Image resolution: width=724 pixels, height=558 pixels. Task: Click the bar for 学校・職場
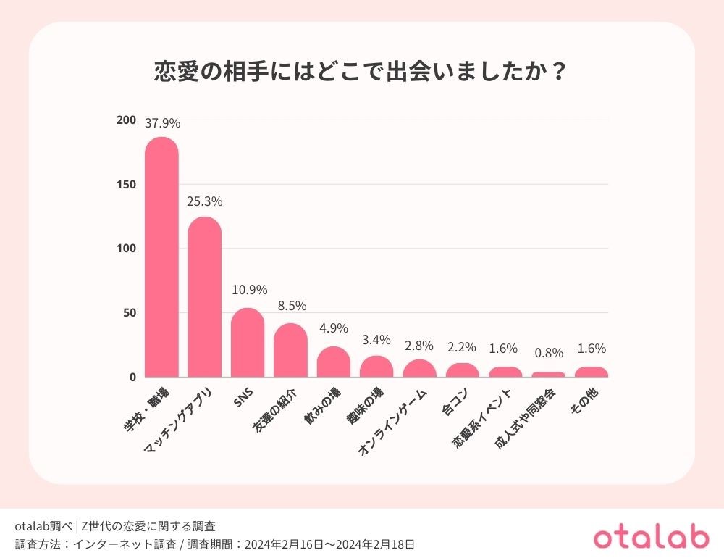tap(161, 257)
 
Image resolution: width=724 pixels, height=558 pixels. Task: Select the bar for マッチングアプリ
tap(205, 297)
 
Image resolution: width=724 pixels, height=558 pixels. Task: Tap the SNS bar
tap(248, 343)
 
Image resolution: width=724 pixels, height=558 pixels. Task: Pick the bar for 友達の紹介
tap(290, 350)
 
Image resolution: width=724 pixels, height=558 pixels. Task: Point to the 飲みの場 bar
tap(334, 362)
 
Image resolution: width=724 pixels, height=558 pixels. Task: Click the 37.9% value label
tap(162, 123)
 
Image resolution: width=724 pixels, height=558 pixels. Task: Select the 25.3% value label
tap(205, 201)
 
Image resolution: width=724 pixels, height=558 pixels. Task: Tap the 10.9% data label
tap(248, 290)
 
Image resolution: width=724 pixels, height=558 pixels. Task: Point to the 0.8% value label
tap(549, 354)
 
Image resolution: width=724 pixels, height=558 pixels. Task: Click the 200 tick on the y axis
tap(126, 120)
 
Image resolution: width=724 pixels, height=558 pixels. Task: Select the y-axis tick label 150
tap(126, 184)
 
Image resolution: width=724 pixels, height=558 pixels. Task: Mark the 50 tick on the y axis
tap(128, 313)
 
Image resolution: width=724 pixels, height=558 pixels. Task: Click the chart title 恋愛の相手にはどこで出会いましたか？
tap(361, 72)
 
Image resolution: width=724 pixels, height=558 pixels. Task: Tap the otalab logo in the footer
tap(651, 537)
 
